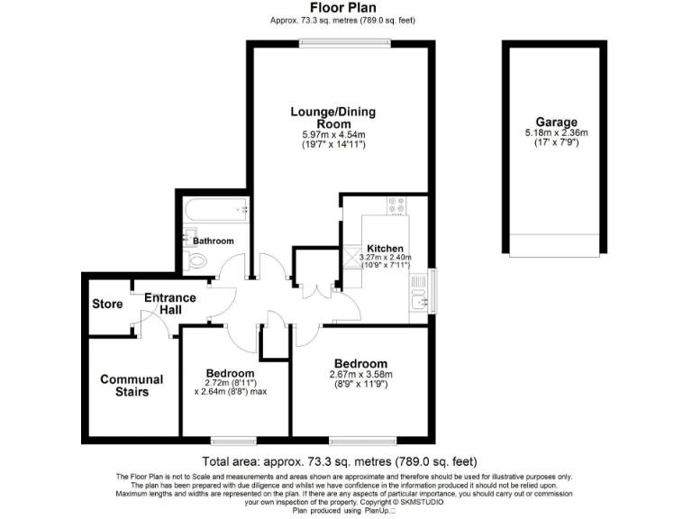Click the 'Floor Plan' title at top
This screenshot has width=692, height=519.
[345, 8]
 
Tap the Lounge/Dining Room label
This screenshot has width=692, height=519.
[332, 117]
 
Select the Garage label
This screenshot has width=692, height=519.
[556, 123]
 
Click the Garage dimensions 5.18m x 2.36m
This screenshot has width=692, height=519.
[556, 133]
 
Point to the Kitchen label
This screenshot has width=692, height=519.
[385, 249]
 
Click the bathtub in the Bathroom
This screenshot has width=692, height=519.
[215, 211]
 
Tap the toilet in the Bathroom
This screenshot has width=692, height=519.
[197, 261]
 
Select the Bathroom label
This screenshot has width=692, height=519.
[214, 241]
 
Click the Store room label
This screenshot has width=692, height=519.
[107, 304]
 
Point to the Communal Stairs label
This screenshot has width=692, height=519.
[132, 386]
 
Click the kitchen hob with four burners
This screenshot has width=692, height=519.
[396, 205]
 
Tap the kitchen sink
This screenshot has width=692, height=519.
[417, 291]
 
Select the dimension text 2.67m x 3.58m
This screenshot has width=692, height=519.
[360, 375]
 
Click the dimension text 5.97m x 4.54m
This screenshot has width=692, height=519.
[332, 135]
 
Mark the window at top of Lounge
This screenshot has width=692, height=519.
[327, 43]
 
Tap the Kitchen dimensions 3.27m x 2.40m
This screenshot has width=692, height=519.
[387, 258]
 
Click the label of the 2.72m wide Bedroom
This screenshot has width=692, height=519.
[230, 373]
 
